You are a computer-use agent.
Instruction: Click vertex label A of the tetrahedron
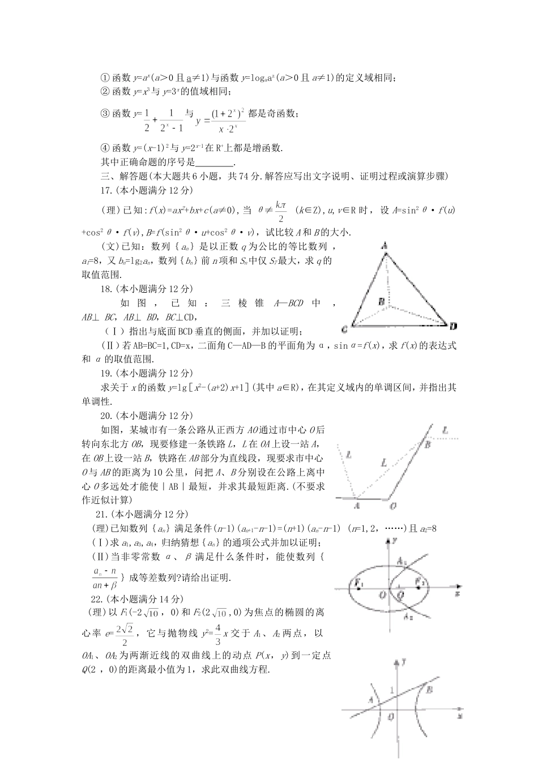(385, 246)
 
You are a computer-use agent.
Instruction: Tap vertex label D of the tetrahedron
(452, 326)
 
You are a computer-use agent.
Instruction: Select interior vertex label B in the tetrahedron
(382, 302)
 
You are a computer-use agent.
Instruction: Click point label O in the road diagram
(392, 505)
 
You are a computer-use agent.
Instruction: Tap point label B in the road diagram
(428, 445)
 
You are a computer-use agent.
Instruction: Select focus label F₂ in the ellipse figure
(420, 582)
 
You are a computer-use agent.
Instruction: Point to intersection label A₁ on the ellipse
(401, 562)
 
